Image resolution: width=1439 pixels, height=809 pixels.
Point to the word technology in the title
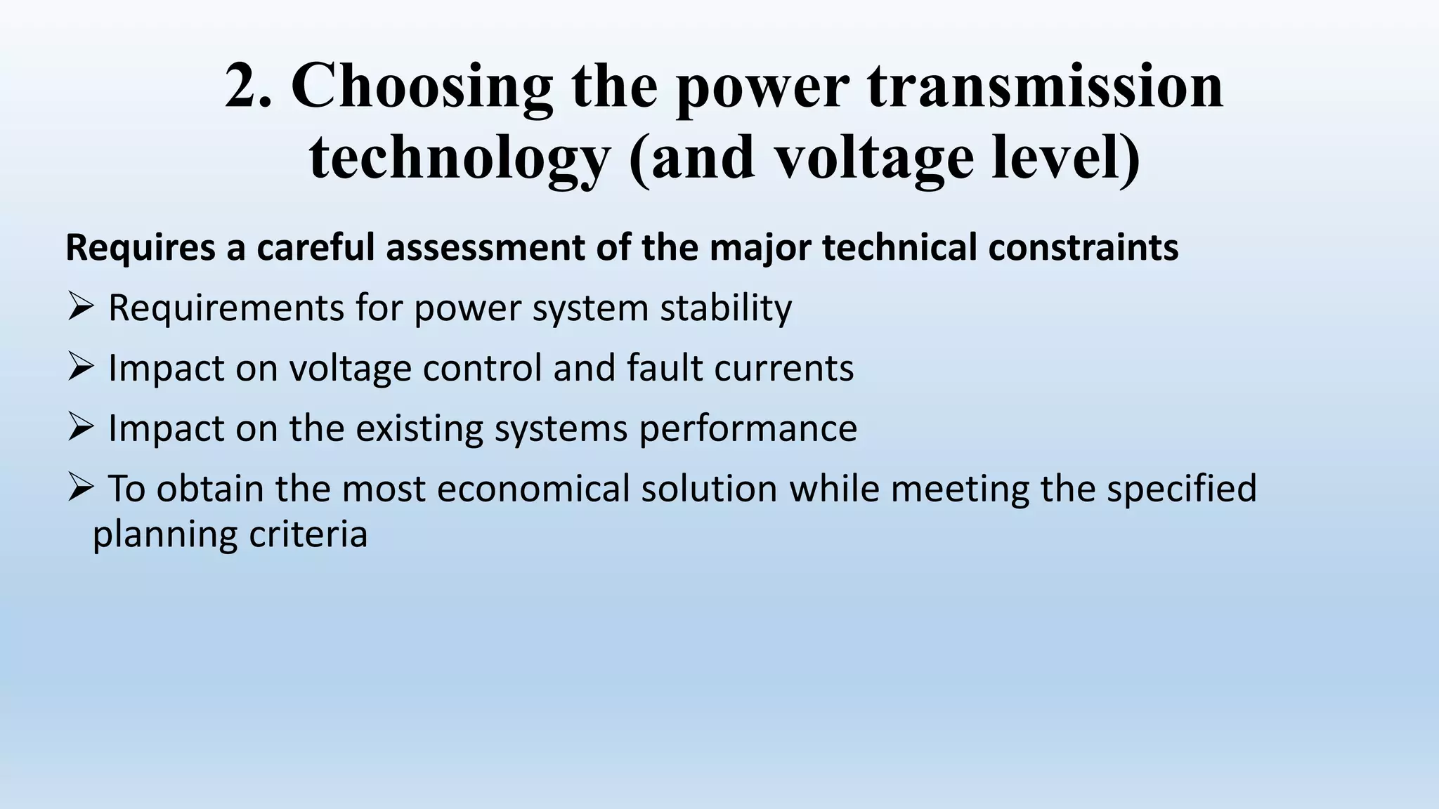[460, 159]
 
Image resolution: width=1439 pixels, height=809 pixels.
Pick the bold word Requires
[140, 248]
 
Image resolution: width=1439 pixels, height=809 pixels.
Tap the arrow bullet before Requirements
[82, 307]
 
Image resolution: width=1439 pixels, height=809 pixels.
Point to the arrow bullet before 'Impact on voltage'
[82, 367]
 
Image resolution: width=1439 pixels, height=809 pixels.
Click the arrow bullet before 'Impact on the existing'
[82, 427]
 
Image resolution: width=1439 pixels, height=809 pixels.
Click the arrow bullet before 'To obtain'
[82, 487]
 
